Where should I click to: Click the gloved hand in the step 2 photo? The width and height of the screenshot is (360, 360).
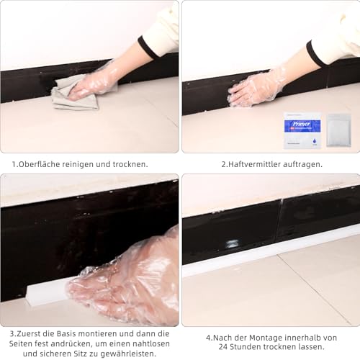pyautogui.click(x=256, y=89)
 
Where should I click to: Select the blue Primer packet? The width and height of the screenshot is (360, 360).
pyautogui.click(x=302, y=129)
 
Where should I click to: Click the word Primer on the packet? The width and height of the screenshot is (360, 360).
pyautogui.click(x=302, y=123)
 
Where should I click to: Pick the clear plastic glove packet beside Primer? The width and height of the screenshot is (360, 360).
pyautogui.click(x=338, y=130)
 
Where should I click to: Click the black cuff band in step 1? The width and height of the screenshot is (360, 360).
pyautogui.click(x=148, y=48)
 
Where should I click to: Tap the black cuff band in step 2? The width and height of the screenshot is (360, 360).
pyautogui.click(x=316, y=54)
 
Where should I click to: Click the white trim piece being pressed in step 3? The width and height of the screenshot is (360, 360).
pyautogui.click(x=47, y=292)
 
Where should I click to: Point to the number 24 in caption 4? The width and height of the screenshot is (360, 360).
pyautogui.click(x=222, y=348)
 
